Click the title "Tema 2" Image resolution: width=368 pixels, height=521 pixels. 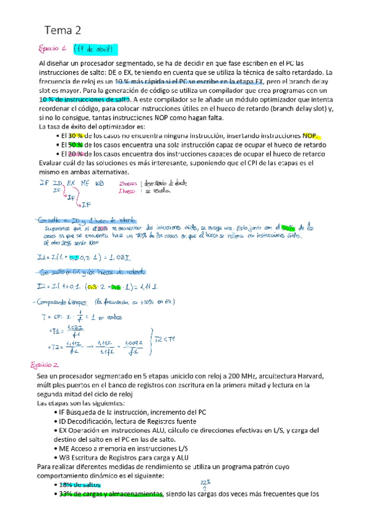coord(63,29)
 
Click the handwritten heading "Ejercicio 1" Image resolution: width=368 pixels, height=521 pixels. coord(53,49)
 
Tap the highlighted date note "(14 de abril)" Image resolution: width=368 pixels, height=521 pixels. coord(94,49)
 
